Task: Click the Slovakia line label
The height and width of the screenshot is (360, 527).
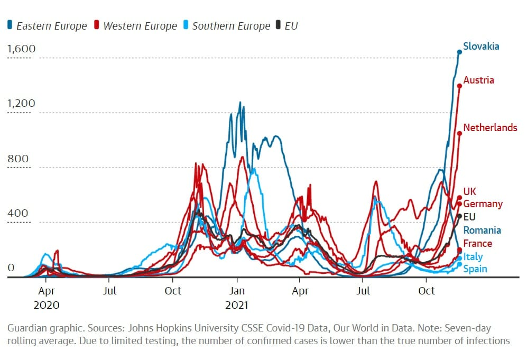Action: click(481, 47)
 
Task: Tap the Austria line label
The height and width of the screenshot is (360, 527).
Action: click(479, 80)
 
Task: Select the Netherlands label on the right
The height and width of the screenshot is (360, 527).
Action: click(490, 128)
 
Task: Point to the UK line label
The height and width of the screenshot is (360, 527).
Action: click(470, 192)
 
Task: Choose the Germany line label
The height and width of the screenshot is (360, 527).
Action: click(483, 204)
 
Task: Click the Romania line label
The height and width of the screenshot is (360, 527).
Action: click(482, 230)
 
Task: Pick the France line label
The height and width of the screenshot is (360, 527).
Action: click(478, 244)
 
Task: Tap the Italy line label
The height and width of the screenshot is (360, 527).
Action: click(473, 257)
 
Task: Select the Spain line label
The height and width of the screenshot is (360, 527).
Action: click(475, 269)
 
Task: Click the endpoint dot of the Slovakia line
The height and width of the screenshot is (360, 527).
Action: click(459, 52)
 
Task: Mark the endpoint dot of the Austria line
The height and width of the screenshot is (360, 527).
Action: click(459, 85)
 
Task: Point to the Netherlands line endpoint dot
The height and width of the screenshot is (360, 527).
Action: click(459, 133)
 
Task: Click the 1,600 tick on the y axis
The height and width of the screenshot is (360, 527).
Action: click(21, 49)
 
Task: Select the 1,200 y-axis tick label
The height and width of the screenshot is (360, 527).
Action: click(21, 104)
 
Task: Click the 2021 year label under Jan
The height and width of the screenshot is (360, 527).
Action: click(237, 305)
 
